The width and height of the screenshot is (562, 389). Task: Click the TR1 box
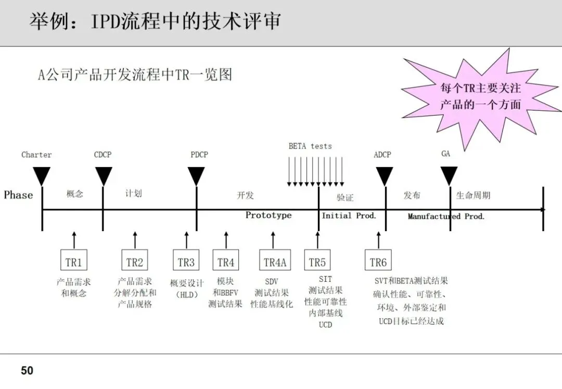[x=74, y=261]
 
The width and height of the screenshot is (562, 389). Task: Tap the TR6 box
[x=378, y=261]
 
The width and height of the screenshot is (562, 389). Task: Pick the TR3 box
[x=186, y=261]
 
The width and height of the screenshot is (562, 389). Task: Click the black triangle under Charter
[x=42, y=175]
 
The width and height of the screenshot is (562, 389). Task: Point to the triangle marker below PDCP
[x=196, y=175]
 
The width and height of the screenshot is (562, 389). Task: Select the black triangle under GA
[x=449, y=175]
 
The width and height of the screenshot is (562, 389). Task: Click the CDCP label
[x=103, y=155]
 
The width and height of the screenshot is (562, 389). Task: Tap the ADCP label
[x=382, y=155]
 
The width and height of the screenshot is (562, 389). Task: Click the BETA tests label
[x=310, y=146]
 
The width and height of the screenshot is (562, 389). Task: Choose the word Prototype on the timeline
[x=269, y=216]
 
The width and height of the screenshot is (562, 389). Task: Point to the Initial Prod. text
[x=349, y=216]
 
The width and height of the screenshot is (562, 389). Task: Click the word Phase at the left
[x=18, y=195]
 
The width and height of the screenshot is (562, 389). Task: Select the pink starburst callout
[x=479, y=97]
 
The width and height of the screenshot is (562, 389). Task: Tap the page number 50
[x=27, y=371]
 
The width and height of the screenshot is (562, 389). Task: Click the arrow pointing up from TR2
[x=135, y=240]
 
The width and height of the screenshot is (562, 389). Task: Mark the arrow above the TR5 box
[x=317, y=240]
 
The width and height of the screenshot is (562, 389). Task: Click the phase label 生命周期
[x=473, y=195]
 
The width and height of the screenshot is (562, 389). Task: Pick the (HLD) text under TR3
[x=186, y=294]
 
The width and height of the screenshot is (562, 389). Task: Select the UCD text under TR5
[x=325, y=324]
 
